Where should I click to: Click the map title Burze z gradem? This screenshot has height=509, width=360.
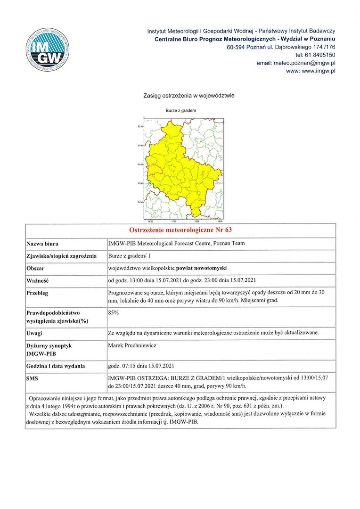click(181, 110)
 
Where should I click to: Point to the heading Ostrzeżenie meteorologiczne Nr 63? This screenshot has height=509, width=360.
click(180, 230)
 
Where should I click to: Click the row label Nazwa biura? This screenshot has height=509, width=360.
click(42, 244)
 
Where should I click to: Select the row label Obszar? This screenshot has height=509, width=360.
click(35, 268)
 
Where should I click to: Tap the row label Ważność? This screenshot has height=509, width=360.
click(38, 280)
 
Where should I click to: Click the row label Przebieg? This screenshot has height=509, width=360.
click(38, 293)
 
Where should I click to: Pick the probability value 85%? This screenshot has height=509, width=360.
click(113, 312)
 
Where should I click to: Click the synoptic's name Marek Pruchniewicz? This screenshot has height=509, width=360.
click(132, 345)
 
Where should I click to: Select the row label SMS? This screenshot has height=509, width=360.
click(33, 378)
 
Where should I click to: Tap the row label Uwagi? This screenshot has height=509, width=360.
click(35, 333)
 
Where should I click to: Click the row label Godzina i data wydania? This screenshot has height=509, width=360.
click(56, 366)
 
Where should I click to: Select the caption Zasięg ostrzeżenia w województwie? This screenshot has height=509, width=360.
click(188, 96)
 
